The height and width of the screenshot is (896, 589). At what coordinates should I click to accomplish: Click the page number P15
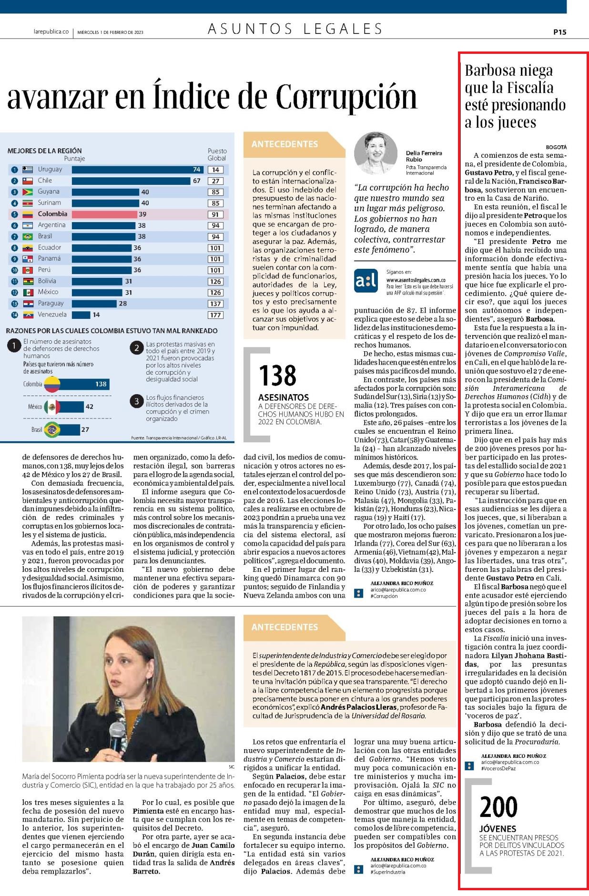(559, 32)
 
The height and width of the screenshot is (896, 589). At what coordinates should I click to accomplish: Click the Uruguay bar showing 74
(138, 169)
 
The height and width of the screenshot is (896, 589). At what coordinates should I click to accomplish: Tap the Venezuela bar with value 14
(81, 315)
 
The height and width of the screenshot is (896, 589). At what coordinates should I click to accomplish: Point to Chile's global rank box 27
(215, 181)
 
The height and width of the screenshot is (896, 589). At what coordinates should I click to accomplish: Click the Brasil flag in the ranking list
(28, 236)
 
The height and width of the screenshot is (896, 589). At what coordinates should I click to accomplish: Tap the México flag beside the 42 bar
(51, 407)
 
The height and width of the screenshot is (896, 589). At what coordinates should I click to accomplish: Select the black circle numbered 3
(137, 401)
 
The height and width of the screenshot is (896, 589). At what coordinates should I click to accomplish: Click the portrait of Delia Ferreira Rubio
(376, 153)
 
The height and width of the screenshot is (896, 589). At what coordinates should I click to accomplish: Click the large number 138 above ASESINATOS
(277, 376)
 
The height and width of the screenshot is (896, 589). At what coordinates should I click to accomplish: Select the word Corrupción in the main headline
(347, 96)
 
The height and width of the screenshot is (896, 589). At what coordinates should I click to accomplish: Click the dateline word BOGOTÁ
(556, 147)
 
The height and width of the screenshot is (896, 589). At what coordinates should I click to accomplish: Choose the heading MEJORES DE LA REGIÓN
(44, 151)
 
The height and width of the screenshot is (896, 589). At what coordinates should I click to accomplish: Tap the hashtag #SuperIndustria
(388, 872)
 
